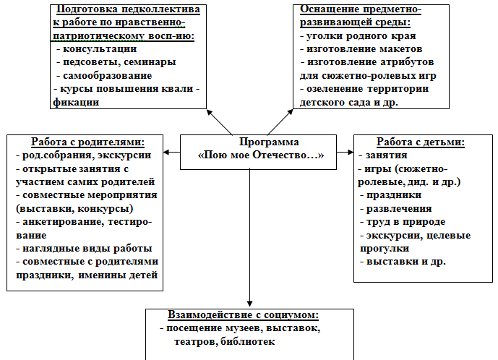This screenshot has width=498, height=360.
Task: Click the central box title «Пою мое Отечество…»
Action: tap(262, 155)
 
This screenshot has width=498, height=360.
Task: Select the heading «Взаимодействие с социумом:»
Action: tap(244, 316)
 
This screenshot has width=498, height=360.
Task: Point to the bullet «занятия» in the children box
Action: tap(387, 155)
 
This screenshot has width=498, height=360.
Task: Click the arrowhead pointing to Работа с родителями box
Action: tap(167, 153)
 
